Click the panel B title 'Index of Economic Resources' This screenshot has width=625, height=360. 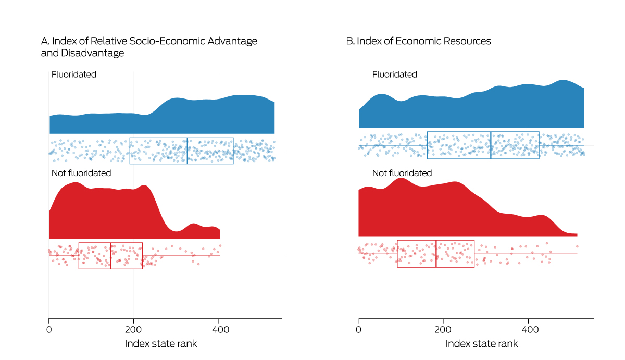click(x=419, y=41)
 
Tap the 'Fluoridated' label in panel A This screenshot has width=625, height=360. click(x=74, y=75)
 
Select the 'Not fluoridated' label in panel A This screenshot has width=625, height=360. click(x=81, y=172)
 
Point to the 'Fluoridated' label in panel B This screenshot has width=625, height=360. click(x=395, y=75)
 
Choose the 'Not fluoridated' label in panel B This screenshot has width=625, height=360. click(x=402, y=172)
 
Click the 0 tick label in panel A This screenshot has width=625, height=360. click(x=49, y=329)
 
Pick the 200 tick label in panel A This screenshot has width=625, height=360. click(x=133, y=329)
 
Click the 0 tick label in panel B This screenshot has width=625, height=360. click(x=358, y=329)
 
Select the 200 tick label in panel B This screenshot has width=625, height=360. click(x=443, y=329)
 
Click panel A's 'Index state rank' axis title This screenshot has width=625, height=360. click(x=161, y=344)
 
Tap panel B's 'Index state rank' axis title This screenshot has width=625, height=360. click(x=482, y=344)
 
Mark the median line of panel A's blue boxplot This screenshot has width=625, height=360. click(x=187, y=151)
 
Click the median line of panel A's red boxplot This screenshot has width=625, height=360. click(x=110, y=256)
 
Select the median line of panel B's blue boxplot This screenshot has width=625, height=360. click(x=491, y=145)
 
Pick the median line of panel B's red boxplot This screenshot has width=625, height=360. click(x=436, y=254)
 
